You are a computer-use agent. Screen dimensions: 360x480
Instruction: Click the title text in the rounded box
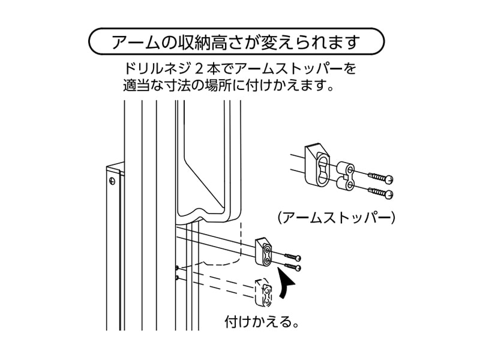(235, 43)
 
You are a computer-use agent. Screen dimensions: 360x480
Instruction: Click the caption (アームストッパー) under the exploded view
(335, 217)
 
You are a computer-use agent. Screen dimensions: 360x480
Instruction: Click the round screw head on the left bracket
(111, 179)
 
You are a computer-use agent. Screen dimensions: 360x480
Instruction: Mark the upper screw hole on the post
(176, 267)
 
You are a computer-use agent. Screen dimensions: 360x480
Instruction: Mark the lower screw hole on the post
(176, 278)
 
